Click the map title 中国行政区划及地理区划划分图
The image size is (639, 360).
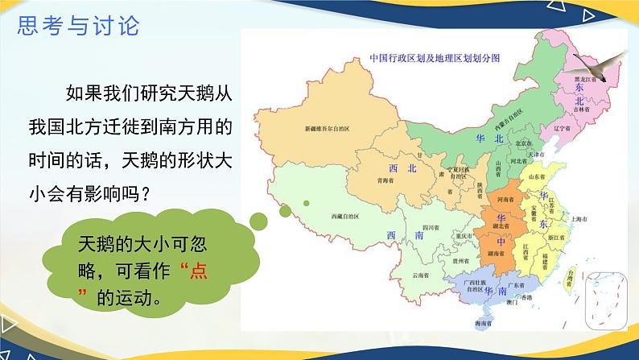coord(434,58)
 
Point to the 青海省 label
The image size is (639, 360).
coord(392,182)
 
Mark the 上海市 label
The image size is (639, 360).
coord(581,218)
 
